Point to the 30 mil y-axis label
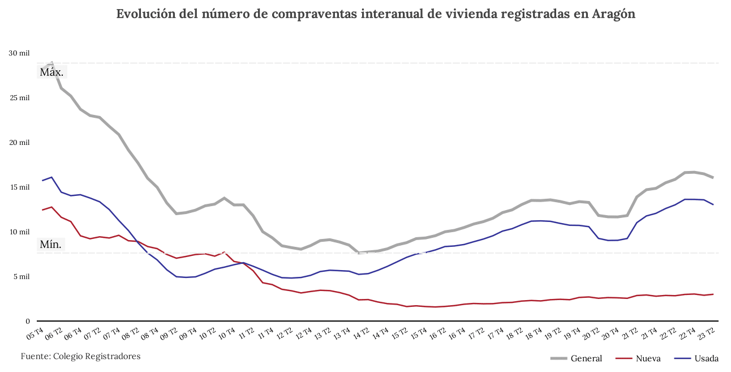click(19, 53)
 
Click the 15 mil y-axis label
click(19, 187)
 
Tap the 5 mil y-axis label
click(20, 277)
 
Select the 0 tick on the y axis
click(27, 322)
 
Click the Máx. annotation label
click(51, 72)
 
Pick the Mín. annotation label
click(51, 245)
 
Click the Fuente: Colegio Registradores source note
click(80, 356)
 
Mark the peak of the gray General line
click(52, 63)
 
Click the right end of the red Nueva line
click(713, 294)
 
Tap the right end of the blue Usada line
click(713, 204)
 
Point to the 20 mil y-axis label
click(19, 143)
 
